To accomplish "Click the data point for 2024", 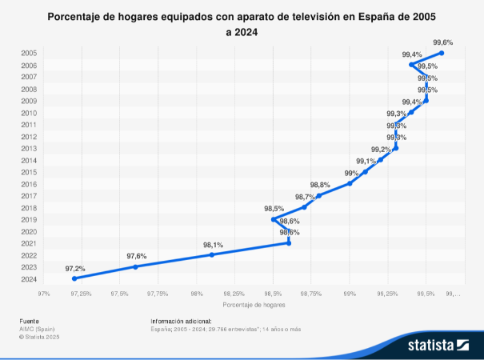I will pos(74,278).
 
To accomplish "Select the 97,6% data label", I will pos(137,256).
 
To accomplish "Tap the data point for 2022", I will pos(212,254).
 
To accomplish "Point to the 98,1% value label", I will pos(213,245).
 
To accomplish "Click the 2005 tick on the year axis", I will pos(28,53).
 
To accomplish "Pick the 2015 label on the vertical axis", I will pos(28,172).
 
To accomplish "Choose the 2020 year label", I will pos(28,231).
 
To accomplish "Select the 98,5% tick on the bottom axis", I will pos(273,294).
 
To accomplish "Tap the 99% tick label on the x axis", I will pos(350,294).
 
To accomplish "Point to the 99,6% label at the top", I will pos(442,42).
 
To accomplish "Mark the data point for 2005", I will pos(442,53).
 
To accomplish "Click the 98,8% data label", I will pos(320,185).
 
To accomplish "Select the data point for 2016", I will pos(350,183).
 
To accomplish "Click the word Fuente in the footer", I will pos(29,321).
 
